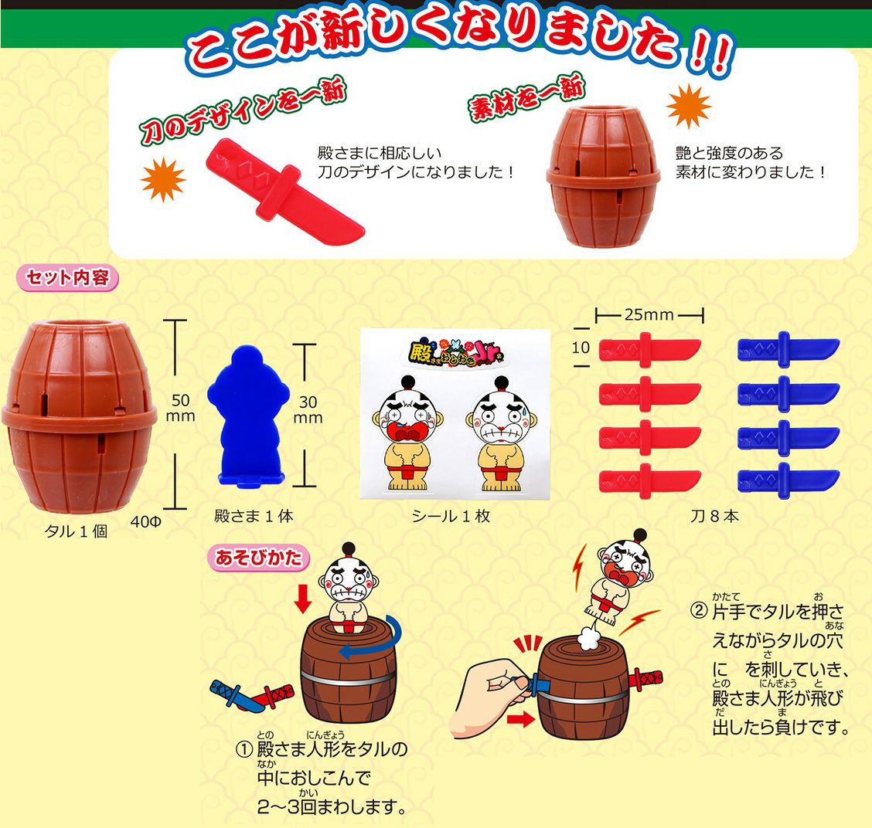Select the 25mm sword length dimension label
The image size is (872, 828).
649,315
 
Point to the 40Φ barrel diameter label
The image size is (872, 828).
145,522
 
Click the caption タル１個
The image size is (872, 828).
76,531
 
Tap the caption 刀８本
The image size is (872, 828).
714,516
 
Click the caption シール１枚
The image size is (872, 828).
451,516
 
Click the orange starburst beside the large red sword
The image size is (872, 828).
163,179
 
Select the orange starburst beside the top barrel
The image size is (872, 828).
689,106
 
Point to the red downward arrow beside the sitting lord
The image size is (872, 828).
302,598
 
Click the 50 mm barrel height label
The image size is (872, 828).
180,408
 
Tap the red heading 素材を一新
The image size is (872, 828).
526,97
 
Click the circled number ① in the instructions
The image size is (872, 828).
244,750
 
